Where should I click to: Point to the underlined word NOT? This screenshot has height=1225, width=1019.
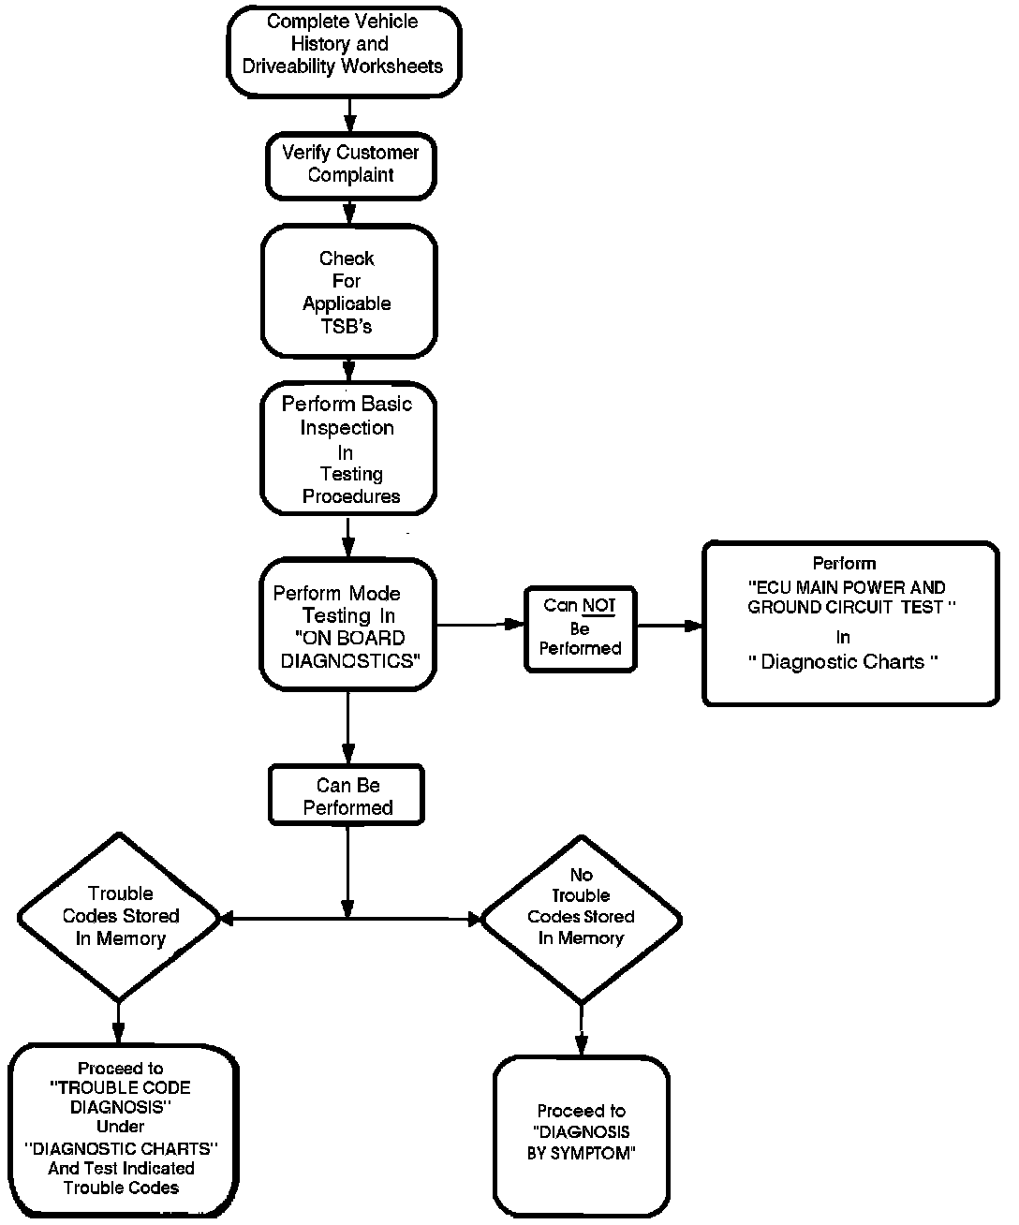click(x=599, y=605)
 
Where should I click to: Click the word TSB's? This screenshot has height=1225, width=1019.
click(x=347, y=326)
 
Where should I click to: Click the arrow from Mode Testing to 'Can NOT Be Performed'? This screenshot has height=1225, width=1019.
click(x=480, y=625)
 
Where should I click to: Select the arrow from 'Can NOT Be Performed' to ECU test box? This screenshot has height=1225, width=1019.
click(x=670, y=626)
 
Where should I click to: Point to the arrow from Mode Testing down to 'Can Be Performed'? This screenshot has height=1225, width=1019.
click(x=347, y=728)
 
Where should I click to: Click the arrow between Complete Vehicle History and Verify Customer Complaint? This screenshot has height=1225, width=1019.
click(x=349, y=115)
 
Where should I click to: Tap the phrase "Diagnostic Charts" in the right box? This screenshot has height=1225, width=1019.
click(x=843, y=662)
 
